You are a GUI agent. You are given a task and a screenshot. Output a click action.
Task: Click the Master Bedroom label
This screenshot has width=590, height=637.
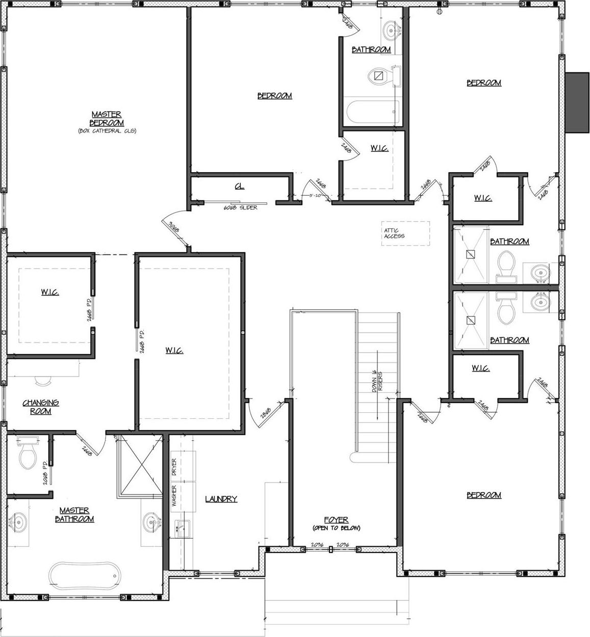(107, 119)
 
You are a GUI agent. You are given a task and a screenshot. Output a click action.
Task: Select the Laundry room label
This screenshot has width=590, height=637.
(221, 499)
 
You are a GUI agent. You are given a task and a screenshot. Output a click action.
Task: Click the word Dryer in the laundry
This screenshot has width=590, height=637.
(174, 467)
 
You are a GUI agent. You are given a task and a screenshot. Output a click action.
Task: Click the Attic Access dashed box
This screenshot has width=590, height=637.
(406, 233)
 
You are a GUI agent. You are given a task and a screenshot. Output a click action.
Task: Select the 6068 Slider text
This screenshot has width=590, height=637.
(240, 208)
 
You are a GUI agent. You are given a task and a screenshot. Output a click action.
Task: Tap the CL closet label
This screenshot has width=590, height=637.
(239, 187)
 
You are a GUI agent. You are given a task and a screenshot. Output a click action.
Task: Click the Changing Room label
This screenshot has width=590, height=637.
(41, 407)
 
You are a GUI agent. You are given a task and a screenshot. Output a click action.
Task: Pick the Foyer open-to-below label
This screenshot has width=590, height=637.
(336, 523)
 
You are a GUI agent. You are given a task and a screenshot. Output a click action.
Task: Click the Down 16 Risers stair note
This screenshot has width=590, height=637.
(377, 381)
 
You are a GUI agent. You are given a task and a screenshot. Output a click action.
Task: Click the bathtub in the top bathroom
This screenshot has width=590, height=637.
(371, 109)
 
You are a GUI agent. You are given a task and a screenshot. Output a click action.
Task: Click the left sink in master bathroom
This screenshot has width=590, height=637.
(18, 522)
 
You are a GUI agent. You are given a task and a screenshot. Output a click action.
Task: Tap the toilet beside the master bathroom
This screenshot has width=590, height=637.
(28, 454)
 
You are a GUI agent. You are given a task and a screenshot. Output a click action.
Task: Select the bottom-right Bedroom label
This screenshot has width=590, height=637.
(484, 495)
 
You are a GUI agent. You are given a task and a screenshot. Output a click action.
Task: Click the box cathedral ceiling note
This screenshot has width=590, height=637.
(107, 131)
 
